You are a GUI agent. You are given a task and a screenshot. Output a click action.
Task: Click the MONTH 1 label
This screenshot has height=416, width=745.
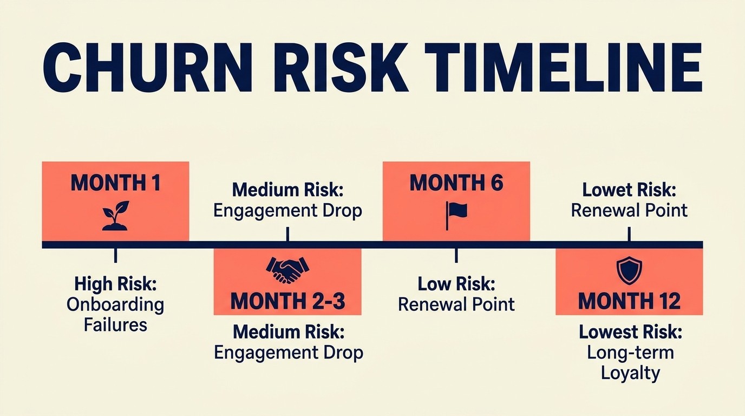[115, 183]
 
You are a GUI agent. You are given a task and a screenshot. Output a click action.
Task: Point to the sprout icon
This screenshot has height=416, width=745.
[115, 216]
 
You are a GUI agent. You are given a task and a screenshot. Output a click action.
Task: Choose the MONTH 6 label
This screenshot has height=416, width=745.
[456, 183]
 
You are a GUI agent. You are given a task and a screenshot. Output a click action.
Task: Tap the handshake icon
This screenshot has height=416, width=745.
[287, 269]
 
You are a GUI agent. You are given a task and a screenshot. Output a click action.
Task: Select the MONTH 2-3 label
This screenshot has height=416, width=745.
[287, 301]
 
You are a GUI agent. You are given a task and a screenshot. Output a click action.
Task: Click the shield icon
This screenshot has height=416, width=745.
[629, 270]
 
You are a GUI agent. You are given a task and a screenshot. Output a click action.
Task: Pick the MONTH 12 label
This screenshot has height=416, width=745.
[629, 301]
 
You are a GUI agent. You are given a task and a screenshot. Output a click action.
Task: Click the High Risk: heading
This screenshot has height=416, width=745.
[115, 283]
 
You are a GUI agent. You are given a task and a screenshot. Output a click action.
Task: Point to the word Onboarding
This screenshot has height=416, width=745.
[115, 304]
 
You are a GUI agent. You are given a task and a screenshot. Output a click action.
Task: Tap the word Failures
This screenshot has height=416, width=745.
[115, 324]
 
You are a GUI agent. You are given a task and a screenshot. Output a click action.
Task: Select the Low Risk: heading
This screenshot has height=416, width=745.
[456, 283]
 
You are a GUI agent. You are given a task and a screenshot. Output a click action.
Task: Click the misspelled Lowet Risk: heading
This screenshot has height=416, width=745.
[629, 190]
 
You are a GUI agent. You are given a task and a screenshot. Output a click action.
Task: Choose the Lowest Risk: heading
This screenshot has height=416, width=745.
[630, 332]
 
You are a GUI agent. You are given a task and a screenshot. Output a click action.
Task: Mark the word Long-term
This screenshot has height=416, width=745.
[630, 353]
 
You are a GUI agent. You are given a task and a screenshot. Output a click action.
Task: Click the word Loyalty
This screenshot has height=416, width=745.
[630, 373]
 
